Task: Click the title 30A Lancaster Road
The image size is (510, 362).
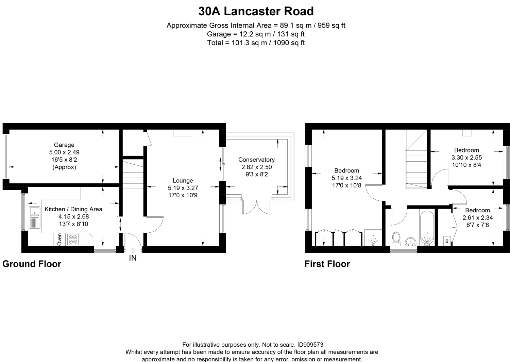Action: (256, 11)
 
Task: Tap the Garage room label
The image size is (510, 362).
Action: (64, 145)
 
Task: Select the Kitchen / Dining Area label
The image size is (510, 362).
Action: (73, 209)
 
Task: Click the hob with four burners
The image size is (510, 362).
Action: (73, 240)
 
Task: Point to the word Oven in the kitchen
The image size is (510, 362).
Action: (60, 240)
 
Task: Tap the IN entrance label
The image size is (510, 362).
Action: (133, 258)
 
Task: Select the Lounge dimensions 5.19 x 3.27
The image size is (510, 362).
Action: (183, 188)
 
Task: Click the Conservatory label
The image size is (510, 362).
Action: (256, 160)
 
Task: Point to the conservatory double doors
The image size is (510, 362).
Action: (257, 208)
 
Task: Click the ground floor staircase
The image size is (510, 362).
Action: (133, 175)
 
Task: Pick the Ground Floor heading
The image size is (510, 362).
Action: (32, 264)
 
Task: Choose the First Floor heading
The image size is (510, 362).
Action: (327, 264)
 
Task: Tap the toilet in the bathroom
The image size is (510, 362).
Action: (396, 238)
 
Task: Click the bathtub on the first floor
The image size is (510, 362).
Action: (427, 228)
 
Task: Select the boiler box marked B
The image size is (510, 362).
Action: (447, 241)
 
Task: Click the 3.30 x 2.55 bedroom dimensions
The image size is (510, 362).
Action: (466, 158)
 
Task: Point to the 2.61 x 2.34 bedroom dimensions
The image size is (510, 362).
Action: (477, 218)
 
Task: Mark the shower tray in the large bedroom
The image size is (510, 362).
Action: (373, 237)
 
